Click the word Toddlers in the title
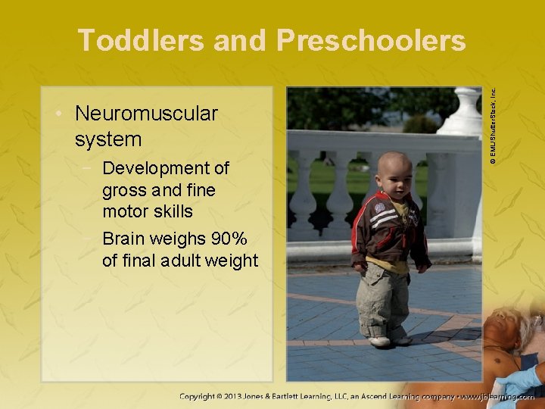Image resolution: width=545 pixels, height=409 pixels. coord(141,40)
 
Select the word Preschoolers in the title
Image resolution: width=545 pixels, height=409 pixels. coord(371,40)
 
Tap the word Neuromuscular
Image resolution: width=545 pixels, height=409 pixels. coord(146,114)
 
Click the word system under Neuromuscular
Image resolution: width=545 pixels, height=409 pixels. coord(108,139)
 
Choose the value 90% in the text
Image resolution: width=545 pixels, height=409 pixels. coord(229,239)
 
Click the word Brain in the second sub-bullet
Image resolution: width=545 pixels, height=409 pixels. coord(126,239)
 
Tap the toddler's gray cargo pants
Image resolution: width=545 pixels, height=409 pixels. coord(382,299)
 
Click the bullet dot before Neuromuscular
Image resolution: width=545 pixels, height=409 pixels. coord(58,114)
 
